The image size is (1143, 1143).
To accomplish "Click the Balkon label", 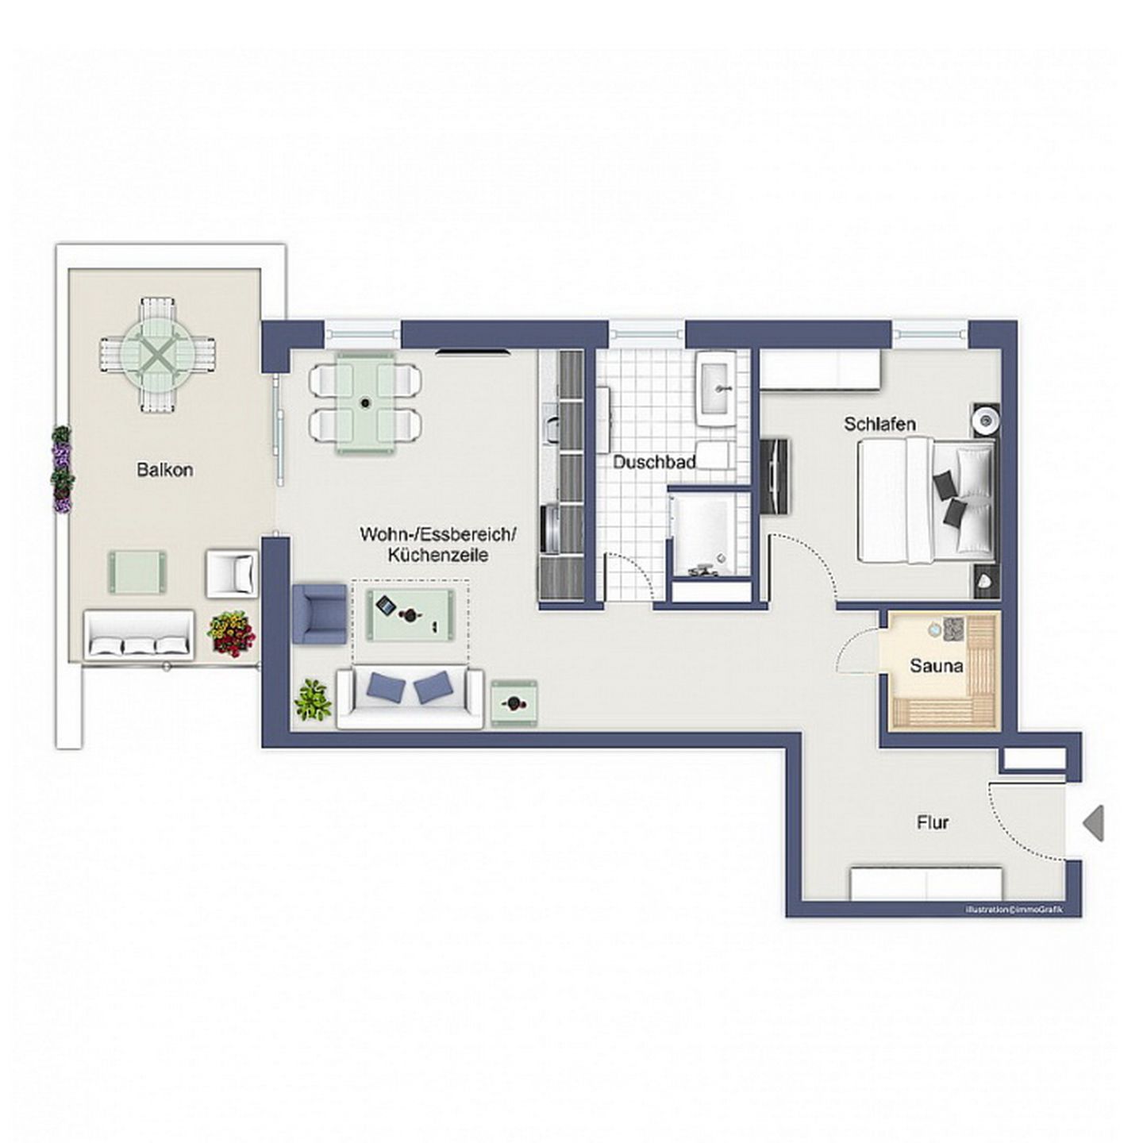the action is pos(164,470).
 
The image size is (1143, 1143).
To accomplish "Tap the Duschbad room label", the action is pos(654,462).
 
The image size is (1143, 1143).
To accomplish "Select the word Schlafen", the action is pos(879,424).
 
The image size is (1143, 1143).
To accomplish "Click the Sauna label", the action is pos(937,666).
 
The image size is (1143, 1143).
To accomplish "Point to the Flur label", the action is pos(933,822).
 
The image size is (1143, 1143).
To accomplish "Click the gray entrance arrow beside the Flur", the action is pos(1092,822).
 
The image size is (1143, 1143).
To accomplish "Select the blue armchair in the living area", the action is pos(319,614).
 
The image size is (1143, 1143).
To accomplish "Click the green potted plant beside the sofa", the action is pos(313,701).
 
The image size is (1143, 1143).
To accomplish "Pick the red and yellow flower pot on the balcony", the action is pos(231,634).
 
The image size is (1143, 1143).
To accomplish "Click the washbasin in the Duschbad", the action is pos(717,388).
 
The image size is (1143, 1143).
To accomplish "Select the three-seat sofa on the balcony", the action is pos(139,635).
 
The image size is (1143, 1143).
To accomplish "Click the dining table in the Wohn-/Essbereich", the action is pos(365,402).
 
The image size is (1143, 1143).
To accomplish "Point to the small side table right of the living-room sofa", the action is pos(514,703).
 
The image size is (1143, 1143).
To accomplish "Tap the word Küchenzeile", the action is pos(438,555).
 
